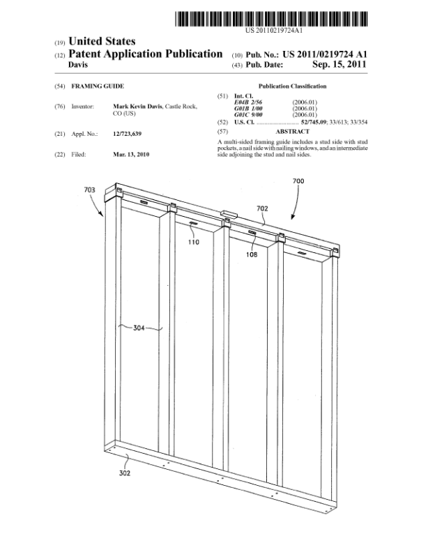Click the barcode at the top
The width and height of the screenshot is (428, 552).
click(x=271, y=19)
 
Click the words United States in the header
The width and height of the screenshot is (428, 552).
click(x=102, y=41)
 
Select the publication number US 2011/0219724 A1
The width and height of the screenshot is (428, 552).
click(x=325, y=54)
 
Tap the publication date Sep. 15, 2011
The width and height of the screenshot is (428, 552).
click(x=339, y=64)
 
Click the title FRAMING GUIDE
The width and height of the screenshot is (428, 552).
click(x=98, y=86)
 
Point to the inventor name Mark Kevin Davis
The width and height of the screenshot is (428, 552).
click(x=137, y=107)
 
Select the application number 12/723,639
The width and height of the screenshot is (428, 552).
click(x=127, y=134)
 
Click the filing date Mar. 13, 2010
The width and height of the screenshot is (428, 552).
click(x=131, y=154)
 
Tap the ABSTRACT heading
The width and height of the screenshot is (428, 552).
click(x=292, y=131)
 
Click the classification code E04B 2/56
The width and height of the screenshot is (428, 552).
click(x=247, y=102)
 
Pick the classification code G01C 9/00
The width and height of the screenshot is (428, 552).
click(x=248, y=115)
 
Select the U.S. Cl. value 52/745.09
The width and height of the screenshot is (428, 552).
click(x=314, y=122)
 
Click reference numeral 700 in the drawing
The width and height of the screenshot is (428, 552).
click(x=298, y=181)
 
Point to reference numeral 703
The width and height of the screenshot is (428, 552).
click(x=89, y=190)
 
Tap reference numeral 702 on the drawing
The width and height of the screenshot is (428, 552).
click(x=262, y=208)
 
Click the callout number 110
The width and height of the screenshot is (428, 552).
click(x=194, y=243)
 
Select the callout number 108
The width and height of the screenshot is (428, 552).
click(x=252, y=254)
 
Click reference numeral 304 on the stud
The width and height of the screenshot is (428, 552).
click(x=139, y=328)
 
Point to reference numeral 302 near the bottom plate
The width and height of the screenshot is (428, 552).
click(x=125, y=473)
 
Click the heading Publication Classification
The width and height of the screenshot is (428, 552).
click(x=292, y=86)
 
